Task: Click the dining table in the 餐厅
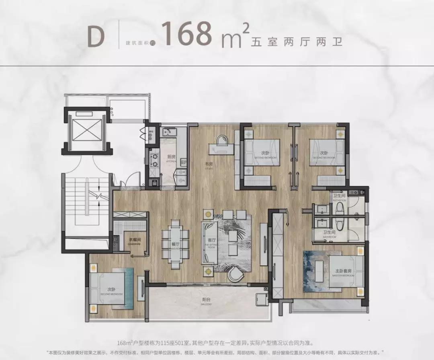[x=175, y=244]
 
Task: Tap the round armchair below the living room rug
[x=235, y=275]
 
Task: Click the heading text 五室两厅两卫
[x=297, y=41]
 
